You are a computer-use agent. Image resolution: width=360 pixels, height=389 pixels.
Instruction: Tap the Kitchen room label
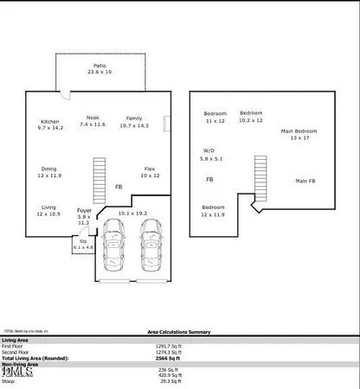pyautogui.click(x=52, y=127)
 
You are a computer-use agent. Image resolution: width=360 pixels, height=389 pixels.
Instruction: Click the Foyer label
pyautogui.click(x=84, y=214)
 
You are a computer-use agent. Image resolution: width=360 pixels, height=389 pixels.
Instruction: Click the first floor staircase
pyautogui.click(x=99, y=175)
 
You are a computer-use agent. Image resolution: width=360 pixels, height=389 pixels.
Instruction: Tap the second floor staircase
pyautogui.click(x=260, y=176)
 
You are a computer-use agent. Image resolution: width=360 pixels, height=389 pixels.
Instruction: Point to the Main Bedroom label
pyautogui.click(x=299, y=135)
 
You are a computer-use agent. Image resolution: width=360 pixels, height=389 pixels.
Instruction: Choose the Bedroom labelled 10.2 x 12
pyautogui.click(x=251, y=117)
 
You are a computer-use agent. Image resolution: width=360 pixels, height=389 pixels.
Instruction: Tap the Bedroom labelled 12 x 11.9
pyautogui.click(x=215, y=211)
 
